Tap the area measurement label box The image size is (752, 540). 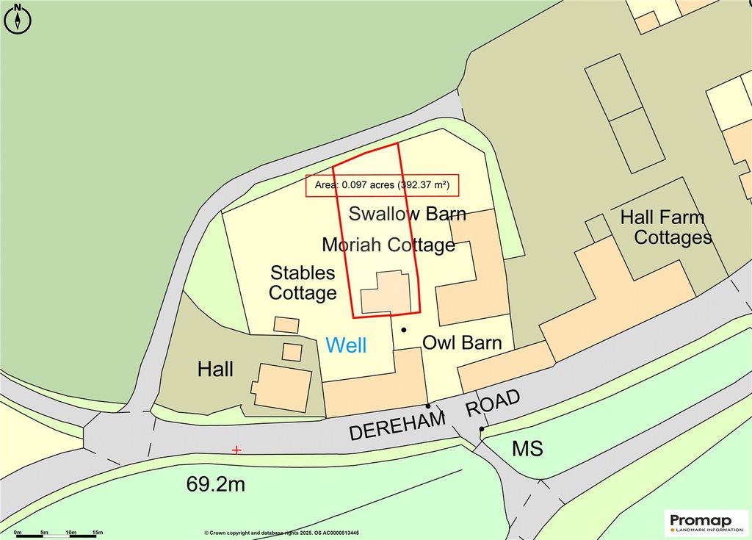(382, 186)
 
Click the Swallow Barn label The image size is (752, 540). (408, 214)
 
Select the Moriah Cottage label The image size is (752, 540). (388, 244)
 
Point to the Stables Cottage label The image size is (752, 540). (303, 283)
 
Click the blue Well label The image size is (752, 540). (346, 345)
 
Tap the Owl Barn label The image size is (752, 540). (462, 342)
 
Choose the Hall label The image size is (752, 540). (215, 369)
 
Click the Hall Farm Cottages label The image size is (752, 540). (667, 227)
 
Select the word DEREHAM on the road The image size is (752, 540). (397, 425)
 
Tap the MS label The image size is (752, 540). (527, 448)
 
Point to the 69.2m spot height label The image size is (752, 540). (215, 485)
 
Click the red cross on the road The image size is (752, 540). (236, 450)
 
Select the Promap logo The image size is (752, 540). (704, 522)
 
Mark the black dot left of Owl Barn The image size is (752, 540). (403, 330)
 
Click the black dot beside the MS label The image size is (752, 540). (482, 429)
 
